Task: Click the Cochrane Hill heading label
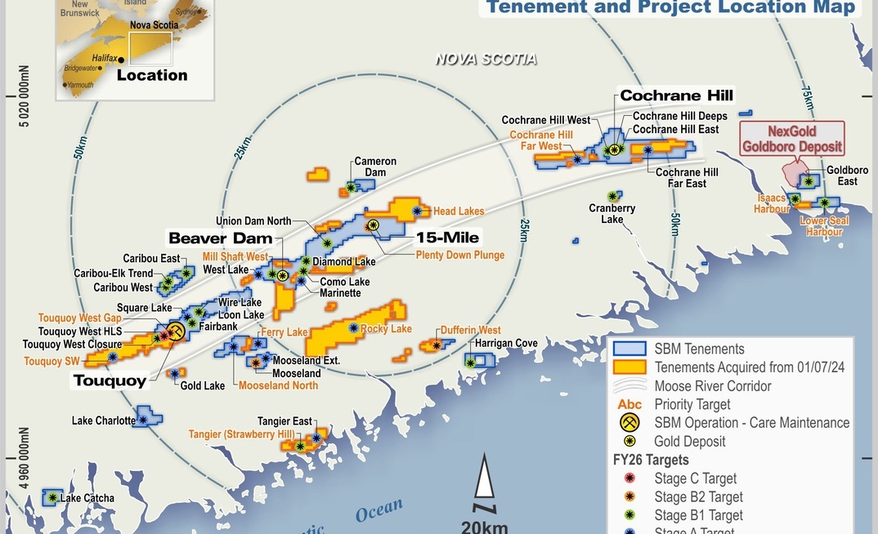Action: tap(676, 96)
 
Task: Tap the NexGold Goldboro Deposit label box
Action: tap(791, 139)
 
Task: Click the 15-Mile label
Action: tap(448, 238)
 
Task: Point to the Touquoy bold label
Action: tap(110, 380)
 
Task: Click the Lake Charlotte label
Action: tap(103, 421)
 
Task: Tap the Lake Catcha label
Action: tap(87, 498)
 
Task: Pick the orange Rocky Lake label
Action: tap(386, 328)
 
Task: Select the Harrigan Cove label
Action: tap(507, 343)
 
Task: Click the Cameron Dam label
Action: tap(375, 167)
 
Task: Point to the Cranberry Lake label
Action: tap(612, 214)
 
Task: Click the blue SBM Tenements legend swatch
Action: tap(629, 349)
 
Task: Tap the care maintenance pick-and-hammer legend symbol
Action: tap(629, 423)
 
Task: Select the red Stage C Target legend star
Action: tap(629, 478)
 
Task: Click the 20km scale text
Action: tap(484, 526)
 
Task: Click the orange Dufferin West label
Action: tap(470, 331)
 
